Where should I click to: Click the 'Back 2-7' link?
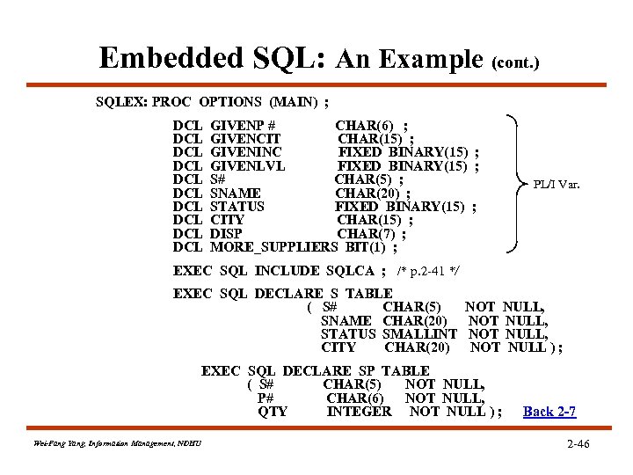pos(549,412)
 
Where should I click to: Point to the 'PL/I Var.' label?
pos(557,186)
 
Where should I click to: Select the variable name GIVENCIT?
pos(246,139)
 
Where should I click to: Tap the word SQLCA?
pos(350,271)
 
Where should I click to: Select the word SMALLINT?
pos(420,334)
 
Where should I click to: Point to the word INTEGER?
pos(359,411)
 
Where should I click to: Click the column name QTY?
pos(273,411)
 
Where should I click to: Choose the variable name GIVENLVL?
pos(248,166)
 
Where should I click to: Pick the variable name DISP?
pos(226,234)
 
